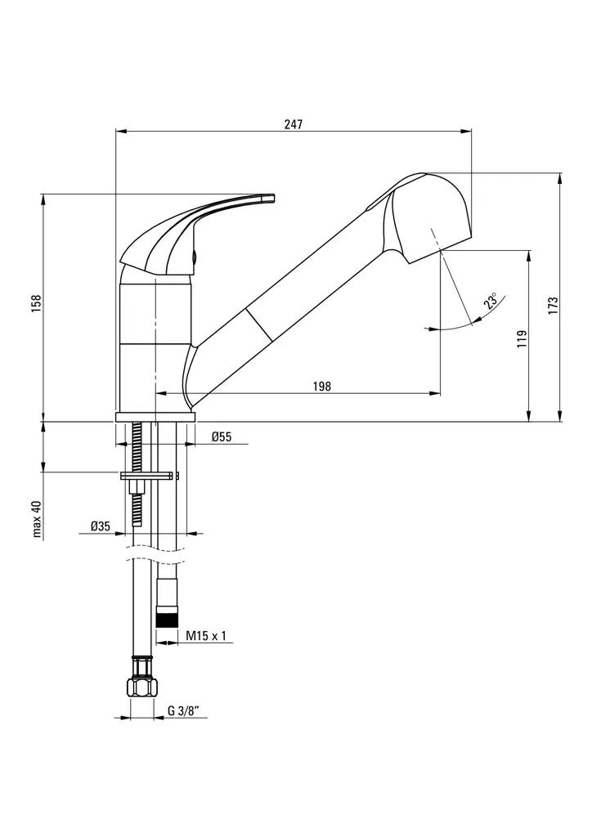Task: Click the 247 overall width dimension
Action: [x=293, y=124]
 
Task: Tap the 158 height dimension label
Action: [x=37, y=303]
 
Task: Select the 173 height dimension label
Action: [x=553, y=306]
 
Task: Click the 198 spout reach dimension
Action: [x=322, y=387]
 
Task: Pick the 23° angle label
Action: [x=491, y=301]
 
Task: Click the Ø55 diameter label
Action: [x=222, y=436]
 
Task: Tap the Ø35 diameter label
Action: [x=101, y=526]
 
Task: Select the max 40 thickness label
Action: [x=37, y=519]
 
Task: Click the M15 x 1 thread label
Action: [x=205, y=635]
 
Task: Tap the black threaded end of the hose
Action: [x=168, y=617]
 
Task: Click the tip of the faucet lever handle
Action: [x=269, y=197]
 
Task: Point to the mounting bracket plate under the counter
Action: [x=149, y=476]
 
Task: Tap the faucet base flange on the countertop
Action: [x=155, y=417]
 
